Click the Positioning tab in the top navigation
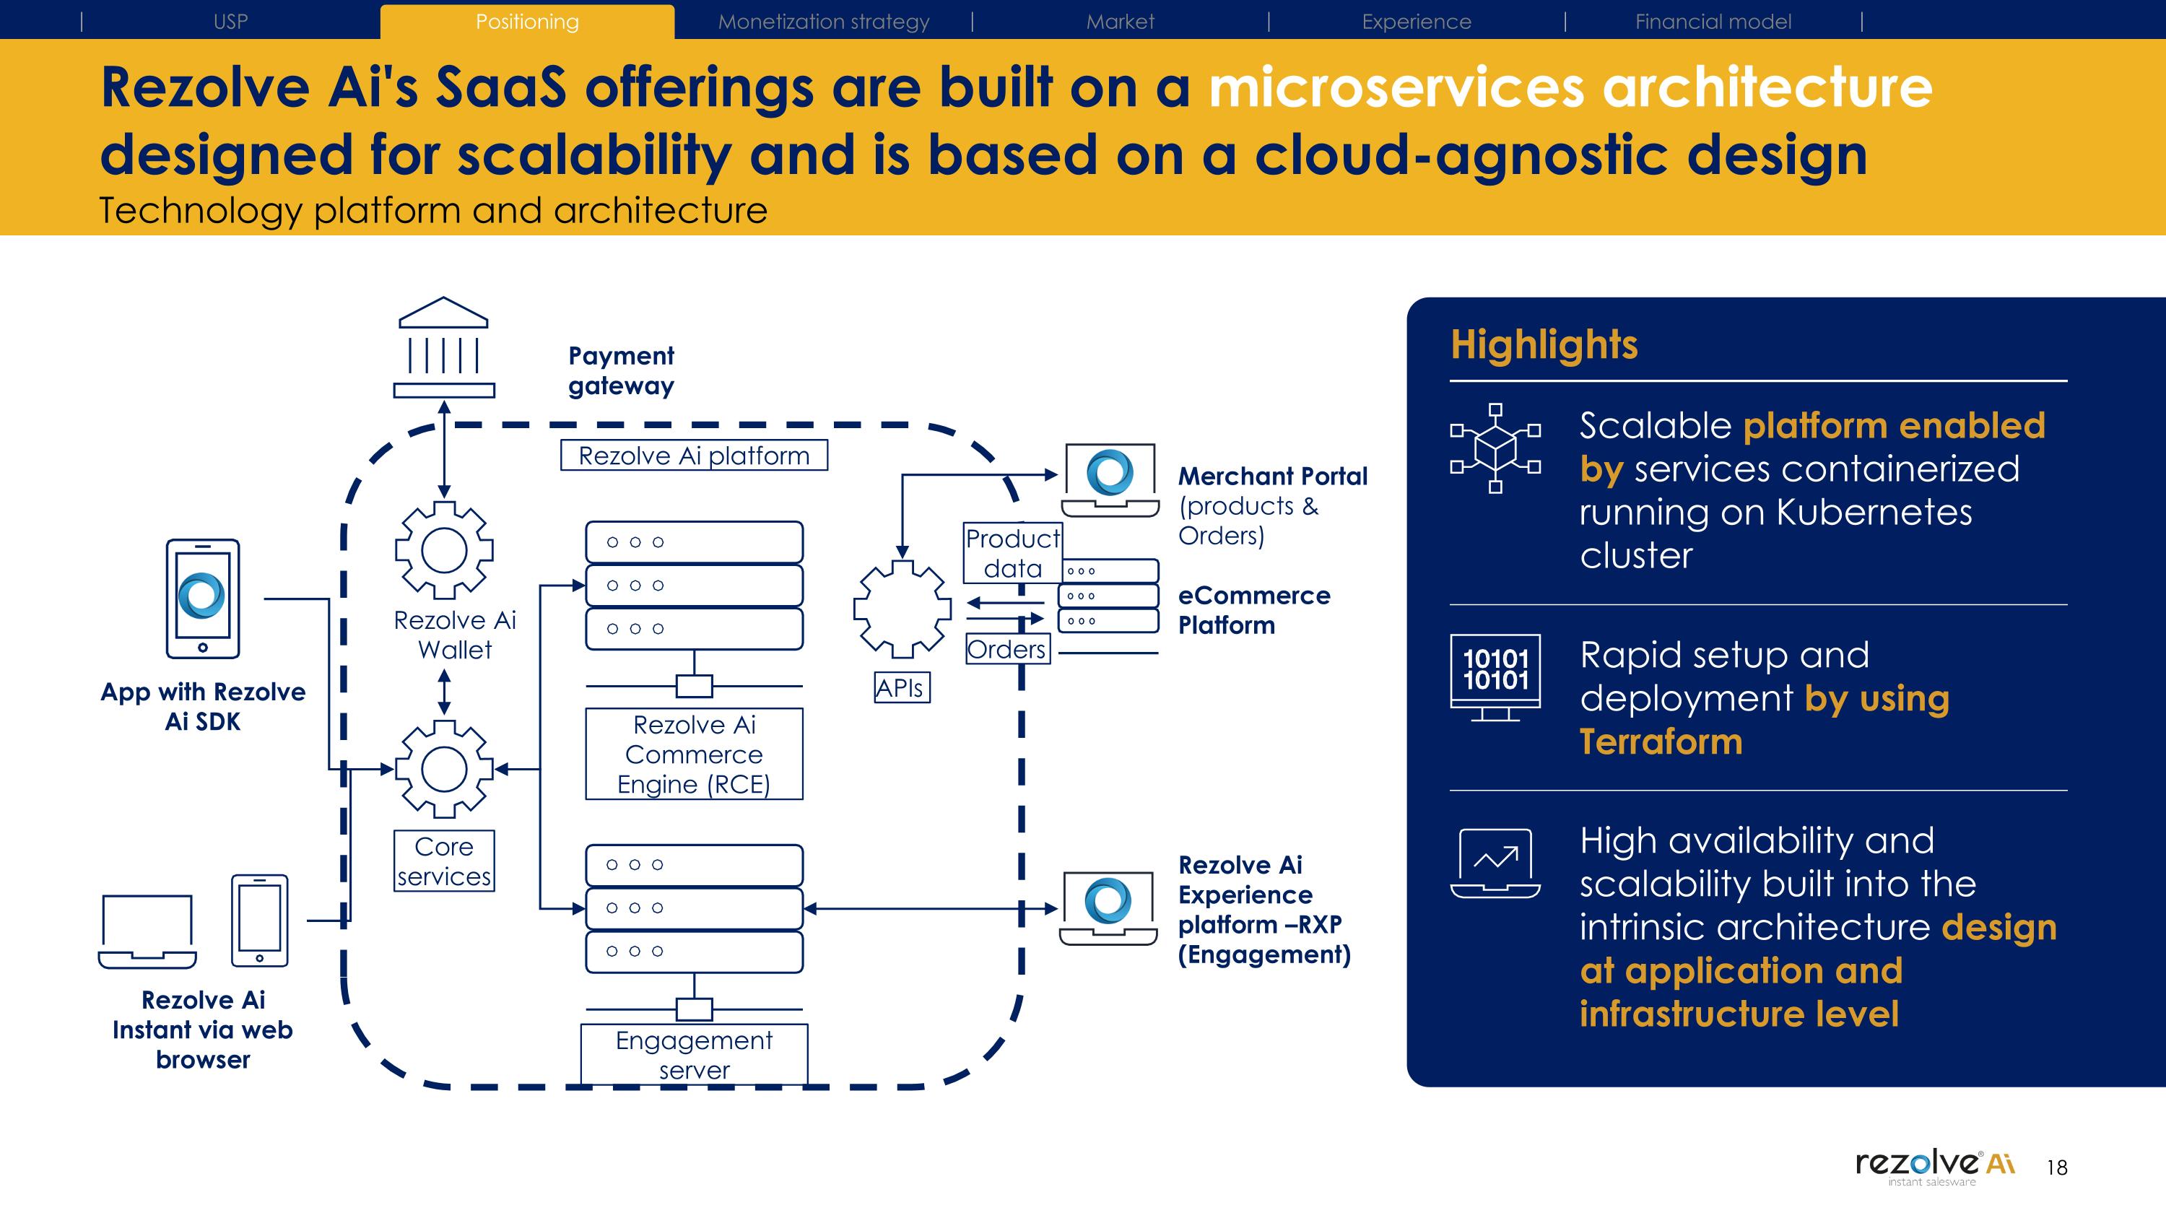(527, 22)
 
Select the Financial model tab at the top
(1713, 22)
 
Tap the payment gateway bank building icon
(444, 347)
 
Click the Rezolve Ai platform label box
(694, 456)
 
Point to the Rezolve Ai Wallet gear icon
(444, 551)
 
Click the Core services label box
(444, 861)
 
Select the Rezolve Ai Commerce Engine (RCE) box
(694, 754)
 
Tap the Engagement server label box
(694, 1055)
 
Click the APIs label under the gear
(901, 687)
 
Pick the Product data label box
(1012, 553)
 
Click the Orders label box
(1007, 649)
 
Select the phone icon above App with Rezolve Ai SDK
(203, 599)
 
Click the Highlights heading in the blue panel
(1544, 344)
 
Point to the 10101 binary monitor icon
(1495, 677)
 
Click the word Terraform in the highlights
(1661, 741)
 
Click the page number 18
(2057, 1167)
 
